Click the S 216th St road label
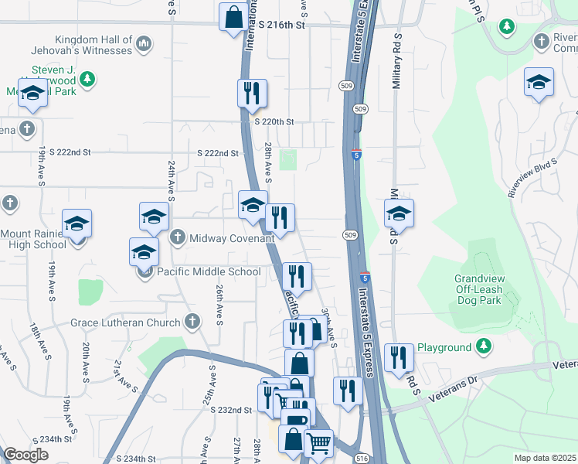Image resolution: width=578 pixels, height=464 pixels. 283,26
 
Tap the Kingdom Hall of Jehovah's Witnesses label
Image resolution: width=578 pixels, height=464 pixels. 93,45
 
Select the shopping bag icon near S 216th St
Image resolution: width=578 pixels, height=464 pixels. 233,17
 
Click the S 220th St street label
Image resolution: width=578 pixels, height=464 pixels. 274,121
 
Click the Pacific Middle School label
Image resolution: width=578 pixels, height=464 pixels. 209,271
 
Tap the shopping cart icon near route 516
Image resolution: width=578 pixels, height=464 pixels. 318,444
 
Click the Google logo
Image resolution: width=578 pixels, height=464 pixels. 26,455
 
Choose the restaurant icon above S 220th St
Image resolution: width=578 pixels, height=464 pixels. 252,94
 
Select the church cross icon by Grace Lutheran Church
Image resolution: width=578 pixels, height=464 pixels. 192,321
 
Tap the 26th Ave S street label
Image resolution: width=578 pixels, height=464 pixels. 219,303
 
